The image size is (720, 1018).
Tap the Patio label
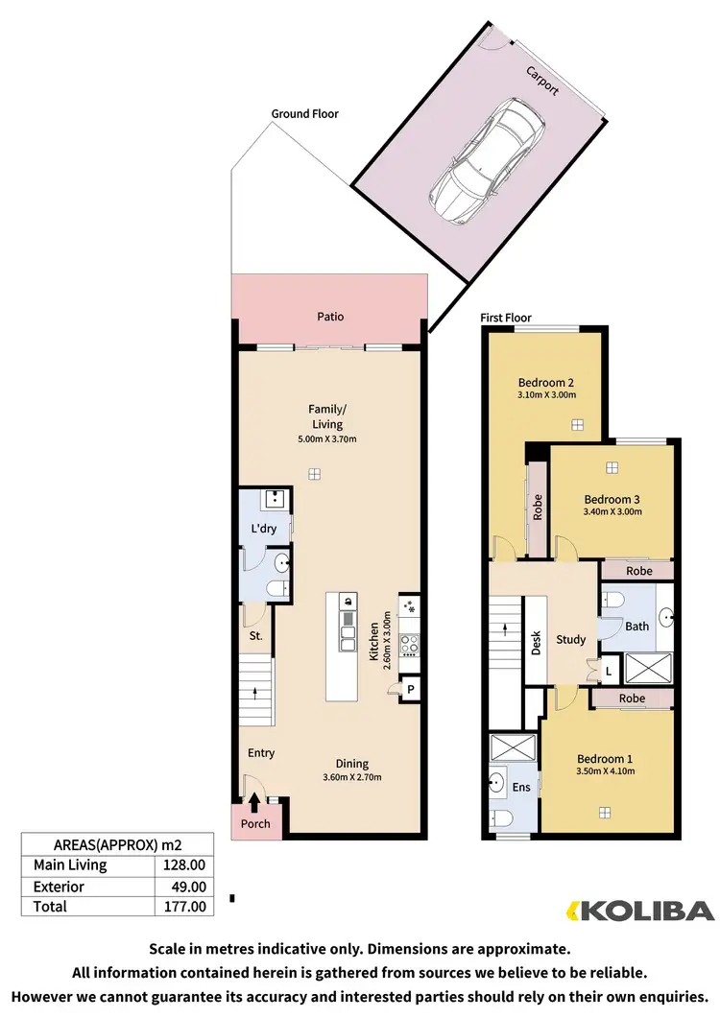330,317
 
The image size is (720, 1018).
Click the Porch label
255,824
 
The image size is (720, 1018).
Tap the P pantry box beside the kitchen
410,689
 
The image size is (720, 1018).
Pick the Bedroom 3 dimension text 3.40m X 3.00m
612,511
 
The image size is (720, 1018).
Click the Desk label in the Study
536,642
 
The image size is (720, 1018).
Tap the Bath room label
637,627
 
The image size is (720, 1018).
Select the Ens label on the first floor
520,788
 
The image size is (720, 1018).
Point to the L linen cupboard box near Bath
610,672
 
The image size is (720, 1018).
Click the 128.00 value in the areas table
184,865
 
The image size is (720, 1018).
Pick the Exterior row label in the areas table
59,887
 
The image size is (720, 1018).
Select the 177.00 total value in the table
184,906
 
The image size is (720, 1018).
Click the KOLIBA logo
640,910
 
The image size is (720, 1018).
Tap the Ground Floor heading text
304,113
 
